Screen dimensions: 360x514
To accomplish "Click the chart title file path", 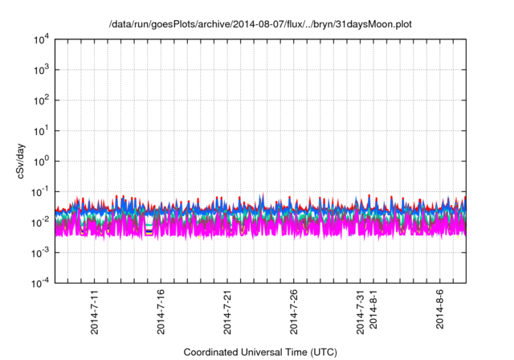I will click(x=260, y=25).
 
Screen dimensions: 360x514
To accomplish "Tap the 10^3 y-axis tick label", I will click(x=42, y=70).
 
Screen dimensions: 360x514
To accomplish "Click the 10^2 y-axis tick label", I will click(x=42, y=100).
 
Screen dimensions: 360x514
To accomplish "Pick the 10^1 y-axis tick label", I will click(x=42, y=130).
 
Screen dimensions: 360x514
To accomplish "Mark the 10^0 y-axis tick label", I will click(x=42, y=161).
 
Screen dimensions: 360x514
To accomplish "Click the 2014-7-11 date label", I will click(x=95, y=313).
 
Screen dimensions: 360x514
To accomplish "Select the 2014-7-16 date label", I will click(x=161, y=313).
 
